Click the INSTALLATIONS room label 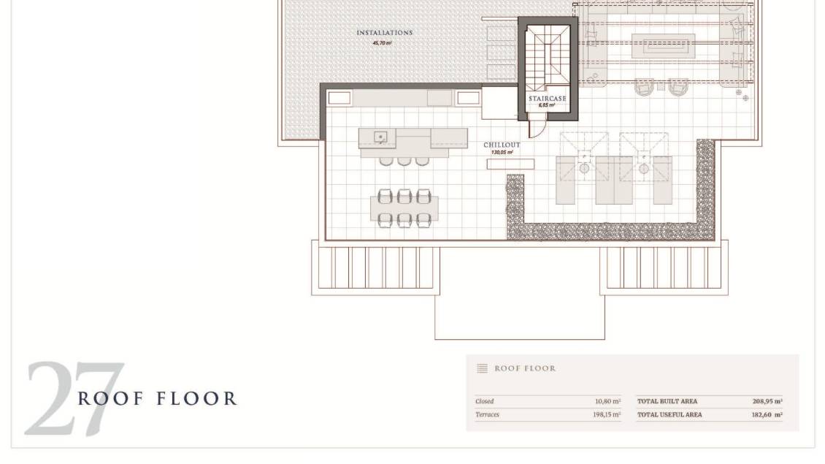pos(385,33)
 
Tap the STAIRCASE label pos(547,99)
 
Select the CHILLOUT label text pos(502,145)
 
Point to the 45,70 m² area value pos(383,42)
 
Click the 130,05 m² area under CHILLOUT pos(502,152)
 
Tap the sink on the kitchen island pos(380,137)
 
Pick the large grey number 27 pos(74,399)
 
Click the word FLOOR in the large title pos(197,399)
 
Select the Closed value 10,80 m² pos(607,401)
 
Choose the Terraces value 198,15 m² pos(607,414)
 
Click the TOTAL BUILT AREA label pos(667,401)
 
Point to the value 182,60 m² pos(767,414)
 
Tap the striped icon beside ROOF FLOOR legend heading pos(482,368)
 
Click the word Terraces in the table pos(487,414)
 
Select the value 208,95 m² pos(767,401)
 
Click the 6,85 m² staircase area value pos(547,105)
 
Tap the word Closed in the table pos(485,401)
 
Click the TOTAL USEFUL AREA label pos(669,414)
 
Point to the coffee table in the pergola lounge pos(663,46)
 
